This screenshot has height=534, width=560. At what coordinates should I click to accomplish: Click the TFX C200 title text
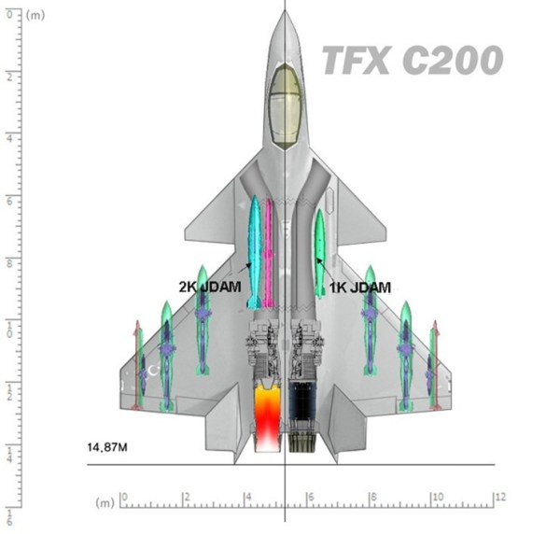413,62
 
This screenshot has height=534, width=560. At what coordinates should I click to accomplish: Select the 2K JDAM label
212,288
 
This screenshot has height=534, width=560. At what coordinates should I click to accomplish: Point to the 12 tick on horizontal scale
499,498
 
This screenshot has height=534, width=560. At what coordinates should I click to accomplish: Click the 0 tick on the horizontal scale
123,498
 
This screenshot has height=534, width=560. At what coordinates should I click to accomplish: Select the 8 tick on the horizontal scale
372,498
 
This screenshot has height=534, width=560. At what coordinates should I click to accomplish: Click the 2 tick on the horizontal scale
186,498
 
